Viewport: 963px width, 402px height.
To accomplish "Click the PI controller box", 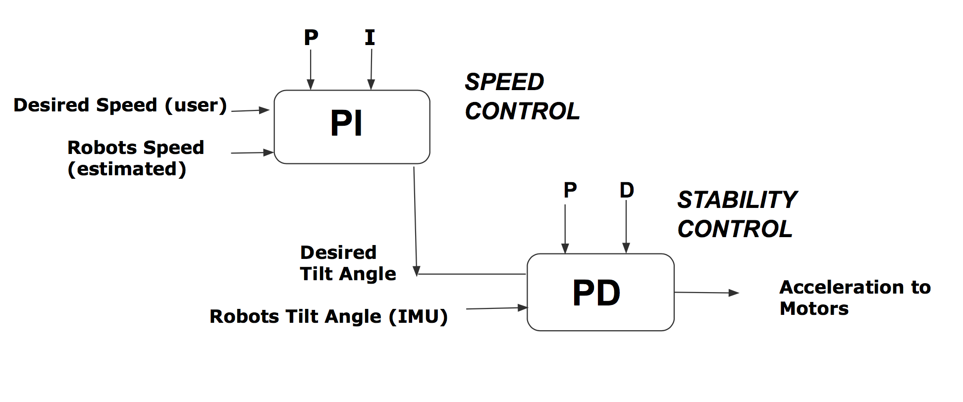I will [x=352, y=127].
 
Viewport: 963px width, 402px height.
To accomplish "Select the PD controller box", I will [x=600, y=292].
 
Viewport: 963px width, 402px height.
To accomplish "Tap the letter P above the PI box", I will [x=311, y=37].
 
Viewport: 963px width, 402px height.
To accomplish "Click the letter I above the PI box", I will [x=370, y=38].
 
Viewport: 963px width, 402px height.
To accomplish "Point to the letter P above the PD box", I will [x=570, y=190].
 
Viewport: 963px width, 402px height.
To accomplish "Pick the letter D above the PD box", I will [x=627, y=190].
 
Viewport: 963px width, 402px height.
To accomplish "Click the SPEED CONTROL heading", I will [x=522, y=97].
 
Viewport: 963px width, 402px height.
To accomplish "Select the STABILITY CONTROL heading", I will [x=737, y=214].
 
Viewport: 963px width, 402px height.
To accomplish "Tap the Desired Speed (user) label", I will [x=120, y=105].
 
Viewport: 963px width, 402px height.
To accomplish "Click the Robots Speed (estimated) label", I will [x=136, y=158].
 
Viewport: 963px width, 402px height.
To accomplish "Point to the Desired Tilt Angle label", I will [x=348, y=263].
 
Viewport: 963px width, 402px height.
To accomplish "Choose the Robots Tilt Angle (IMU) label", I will [x=328, y=316].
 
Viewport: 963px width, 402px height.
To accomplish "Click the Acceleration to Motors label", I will [x=855, y=298].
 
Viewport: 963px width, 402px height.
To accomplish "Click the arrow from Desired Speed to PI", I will [x=250, y=110].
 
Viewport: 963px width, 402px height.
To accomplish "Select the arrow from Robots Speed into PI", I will [x=252, y=152].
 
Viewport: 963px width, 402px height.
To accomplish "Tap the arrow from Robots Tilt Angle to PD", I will [x=497, y=308].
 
